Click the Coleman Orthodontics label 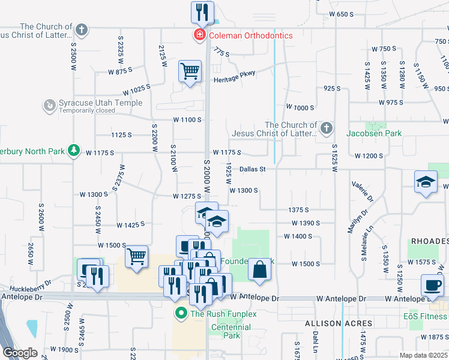250,35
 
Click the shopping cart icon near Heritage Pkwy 190,71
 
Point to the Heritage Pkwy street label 234,76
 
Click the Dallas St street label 252,169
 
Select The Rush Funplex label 223,313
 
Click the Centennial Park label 231,331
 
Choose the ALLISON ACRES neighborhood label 331,323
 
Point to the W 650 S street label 343,14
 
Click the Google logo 20,353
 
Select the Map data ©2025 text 422,355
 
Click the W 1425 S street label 131,224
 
